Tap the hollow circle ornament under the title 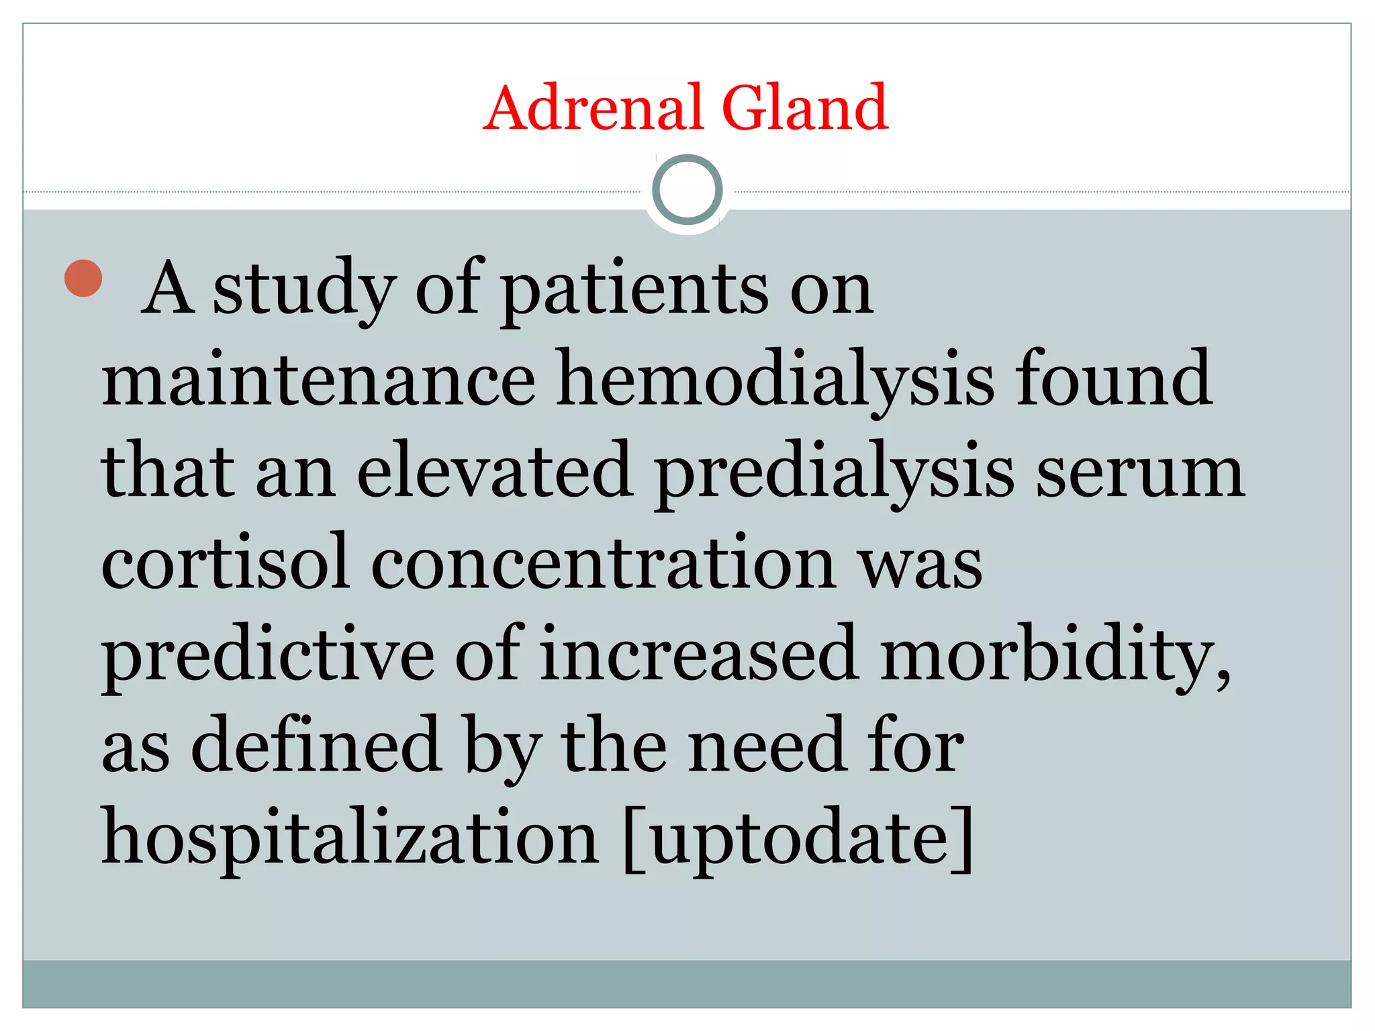point(687,190)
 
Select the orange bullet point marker point(83,278)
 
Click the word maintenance point(318,381)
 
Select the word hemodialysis point(775,381)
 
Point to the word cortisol point(226,562)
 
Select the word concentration point(603,562)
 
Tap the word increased point(698,654)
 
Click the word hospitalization point(349,837)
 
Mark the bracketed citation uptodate point(798,837)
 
